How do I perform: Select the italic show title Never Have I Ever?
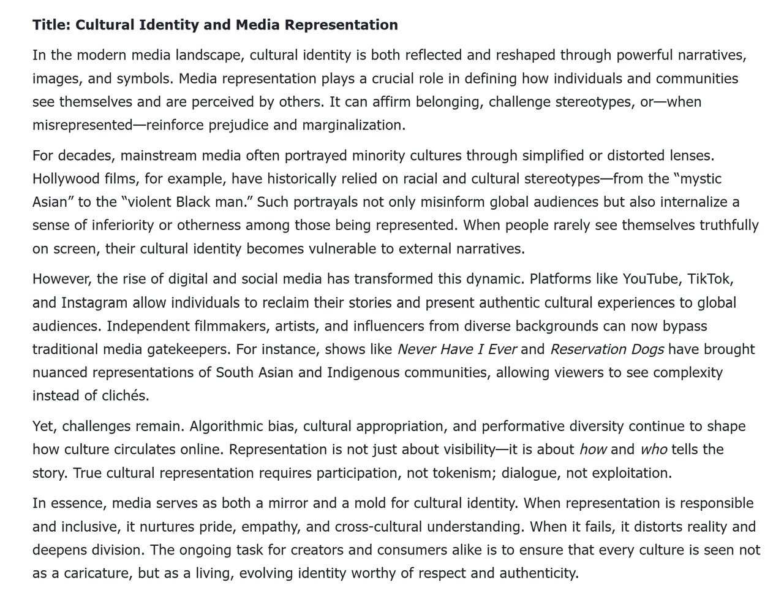(x=457, y=350)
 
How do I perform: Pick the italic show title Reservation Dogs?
(x=607, y=350)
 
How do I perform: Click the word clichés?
(x=116, y=396)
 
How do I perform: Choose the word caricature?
(x=87, y=574)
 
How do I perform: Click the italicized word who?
(x=653, y=449)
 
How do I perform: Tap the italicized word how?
(x=592, y=449)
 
